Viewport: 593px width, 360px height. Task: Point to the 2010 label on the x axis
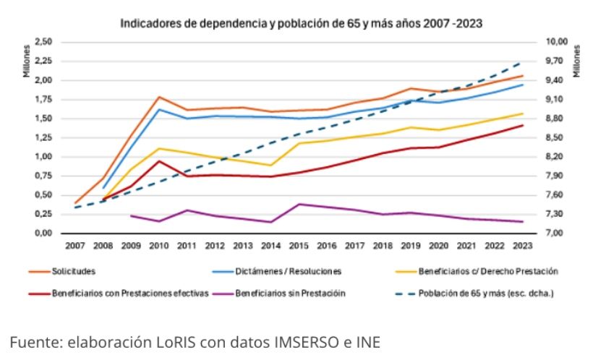tap(158, 246)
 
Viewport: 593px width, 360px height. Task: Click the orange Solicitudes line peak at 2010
tap(158, 97)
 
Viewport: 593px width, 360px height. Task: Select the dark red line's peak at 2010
tap(158, 160)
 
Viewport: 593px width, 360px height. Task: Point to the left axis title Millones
tap(25, 57)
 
